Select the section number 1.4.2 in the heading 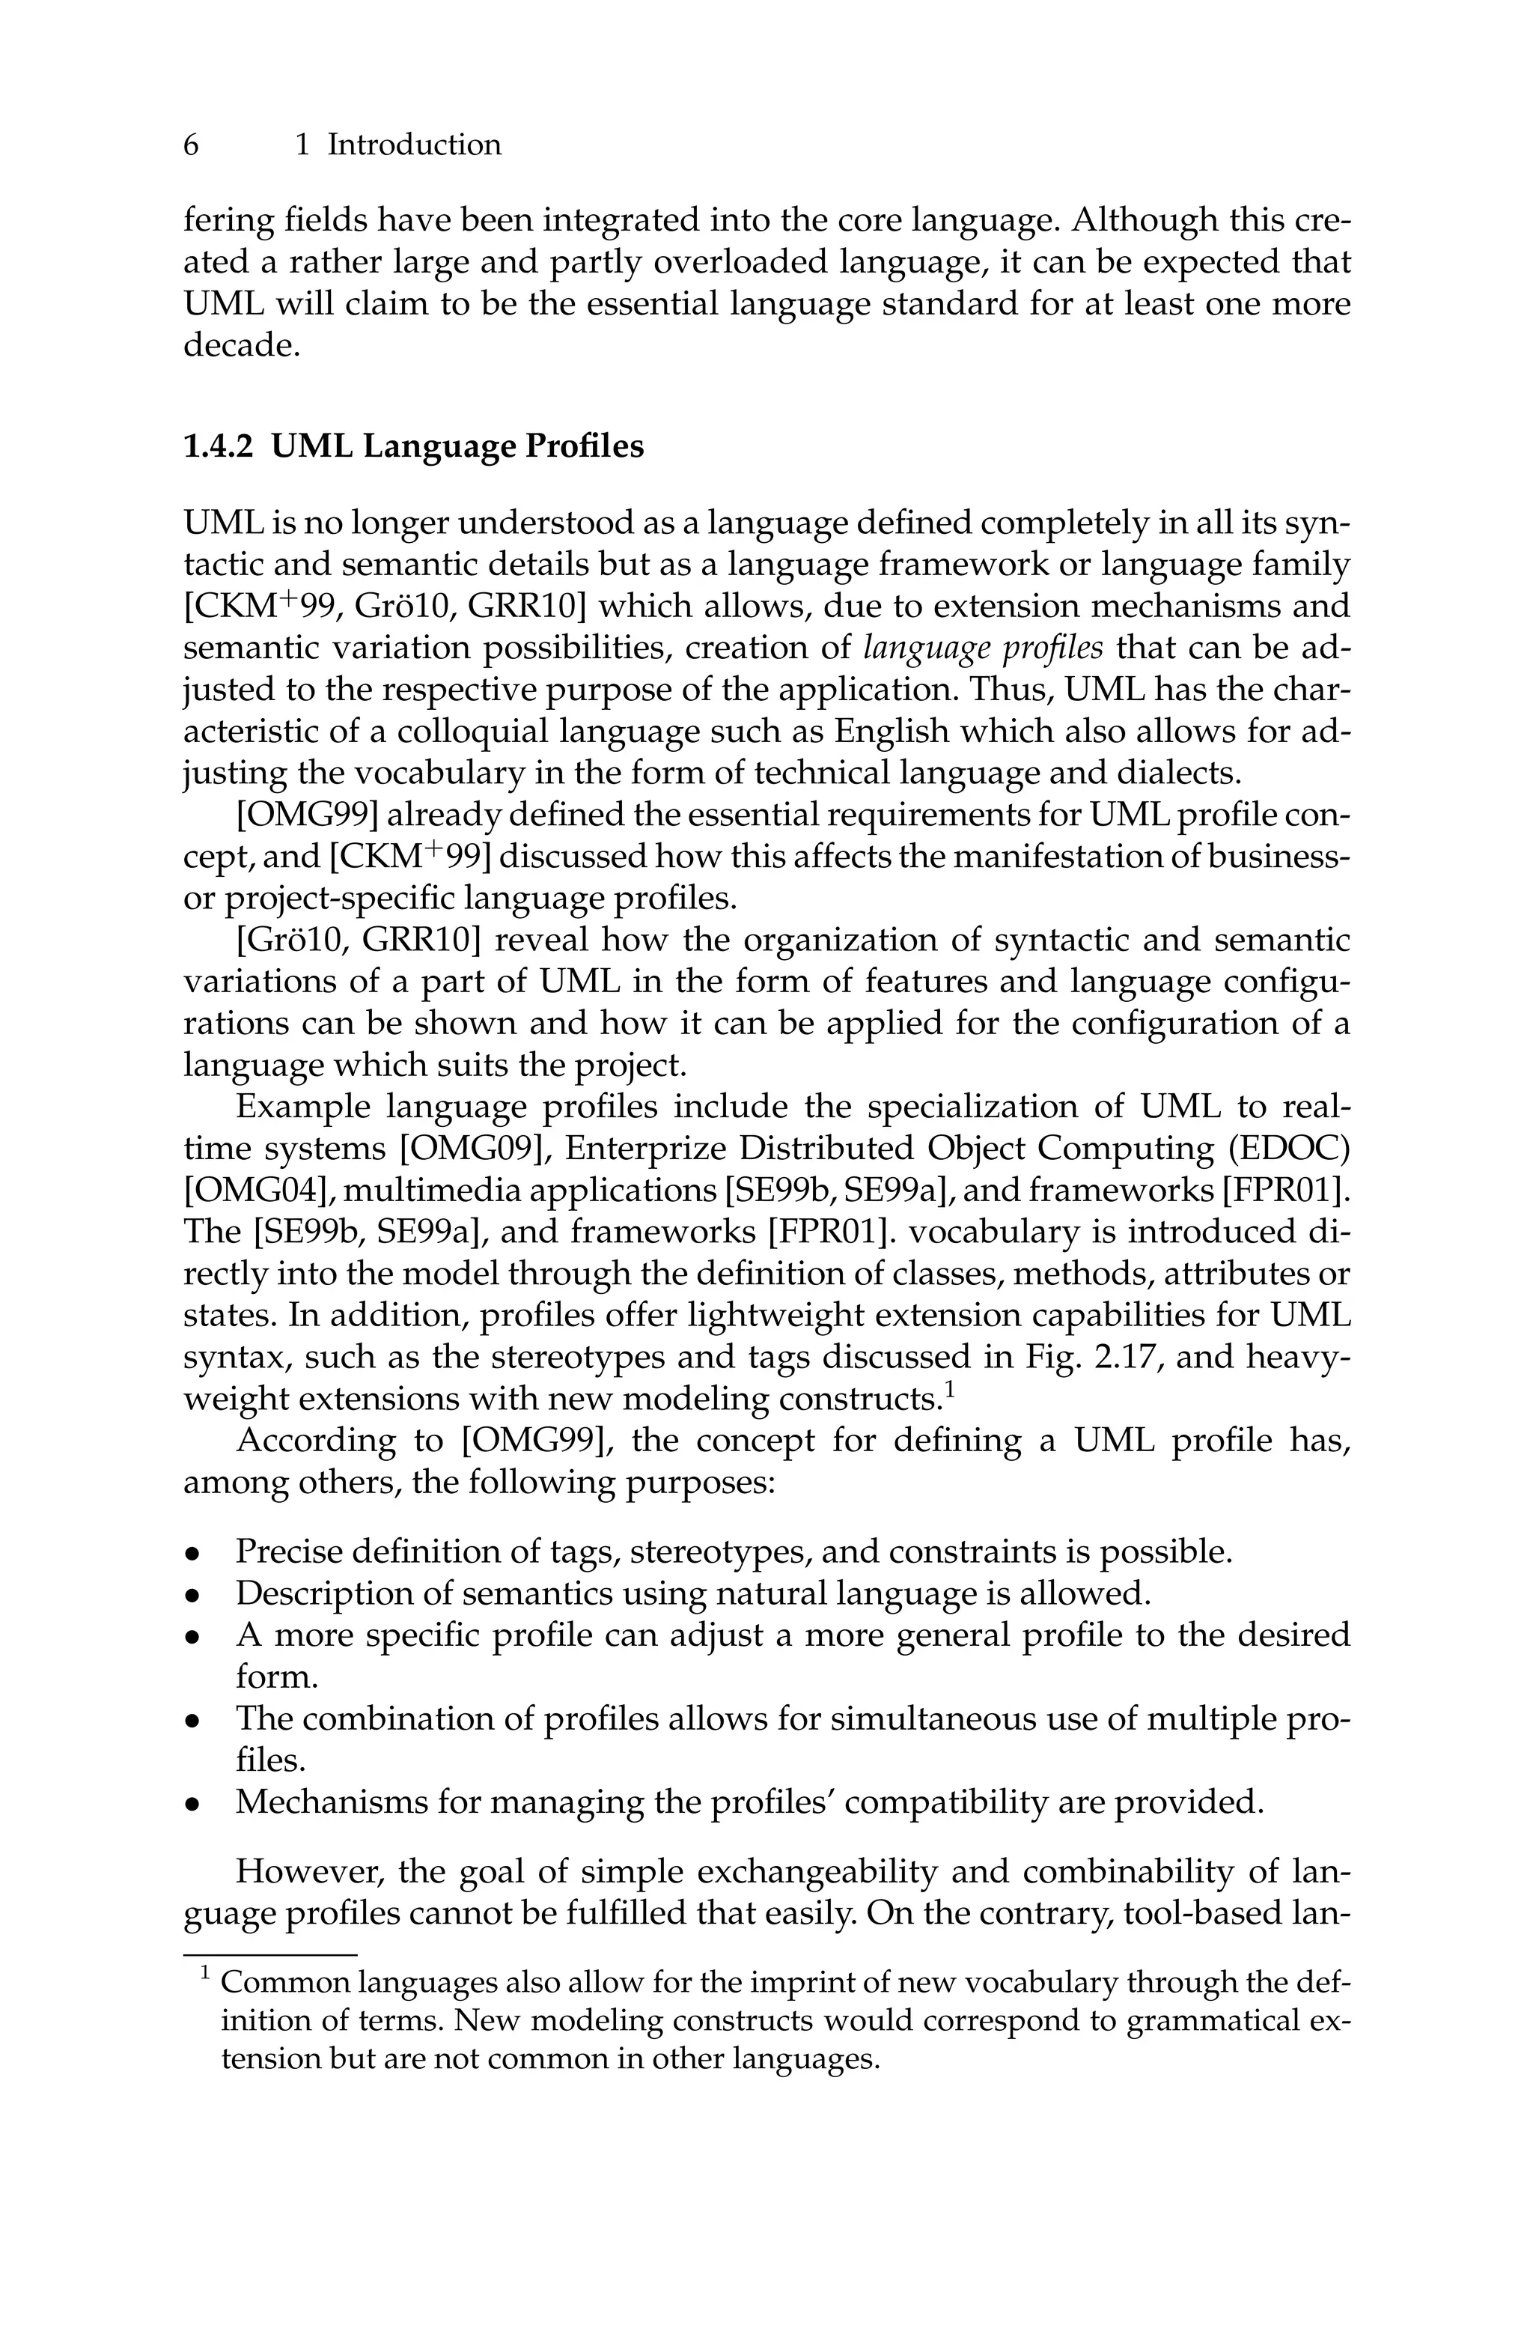tap(218, 447)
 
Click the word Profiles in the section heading tap(585, 447)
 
